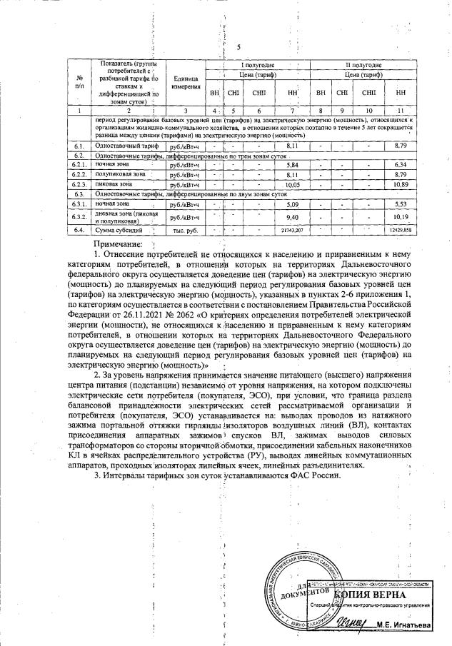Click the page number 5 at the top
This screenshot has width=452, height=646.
(x=237, y=47)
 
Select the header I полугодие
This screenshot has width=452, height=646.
(x=256, y=65)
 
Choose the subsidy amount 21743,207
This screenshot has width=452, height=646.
(x=291, y=231)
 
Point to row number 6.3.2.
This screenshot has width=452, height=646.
(x=80, y=216)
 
